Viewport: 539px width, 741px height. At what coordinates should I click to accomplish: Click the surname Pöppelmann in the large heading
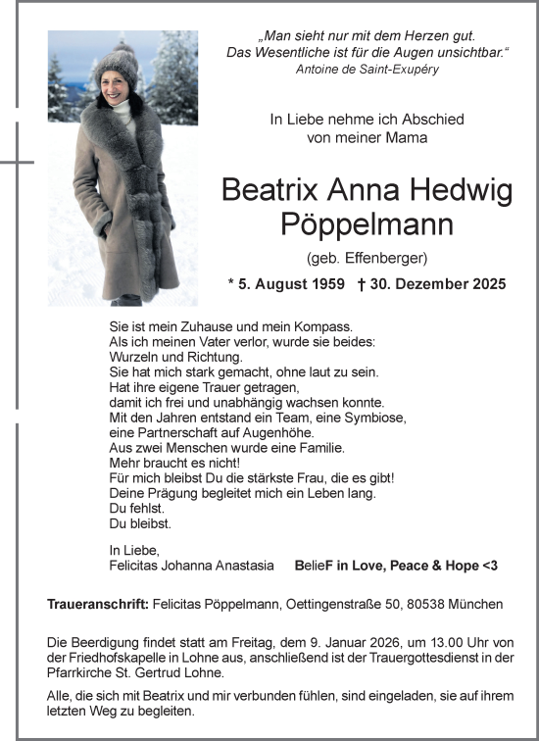pos(367,225)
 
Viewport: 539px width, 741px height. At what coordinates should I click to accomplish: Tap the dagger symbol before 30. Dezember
pos(362,285)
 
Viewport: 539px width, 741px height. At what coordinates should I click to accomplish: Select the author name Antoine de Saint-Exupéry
pos(367,70)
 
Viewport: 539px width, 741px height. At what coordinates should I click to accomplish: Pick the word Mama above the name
pos(408,138)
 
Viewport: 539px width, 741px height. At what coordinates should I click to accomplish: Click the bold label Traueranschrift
pos(97,605)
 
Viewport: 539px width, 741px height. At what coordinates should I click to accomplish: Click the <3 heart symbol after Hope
pos(488,567)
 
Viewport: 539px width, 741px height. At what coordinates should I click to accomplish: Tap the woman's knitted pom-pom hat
pos(116,67)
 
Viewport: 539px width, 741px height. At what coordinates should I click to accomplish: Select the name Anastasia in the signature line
pos(252,567)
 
